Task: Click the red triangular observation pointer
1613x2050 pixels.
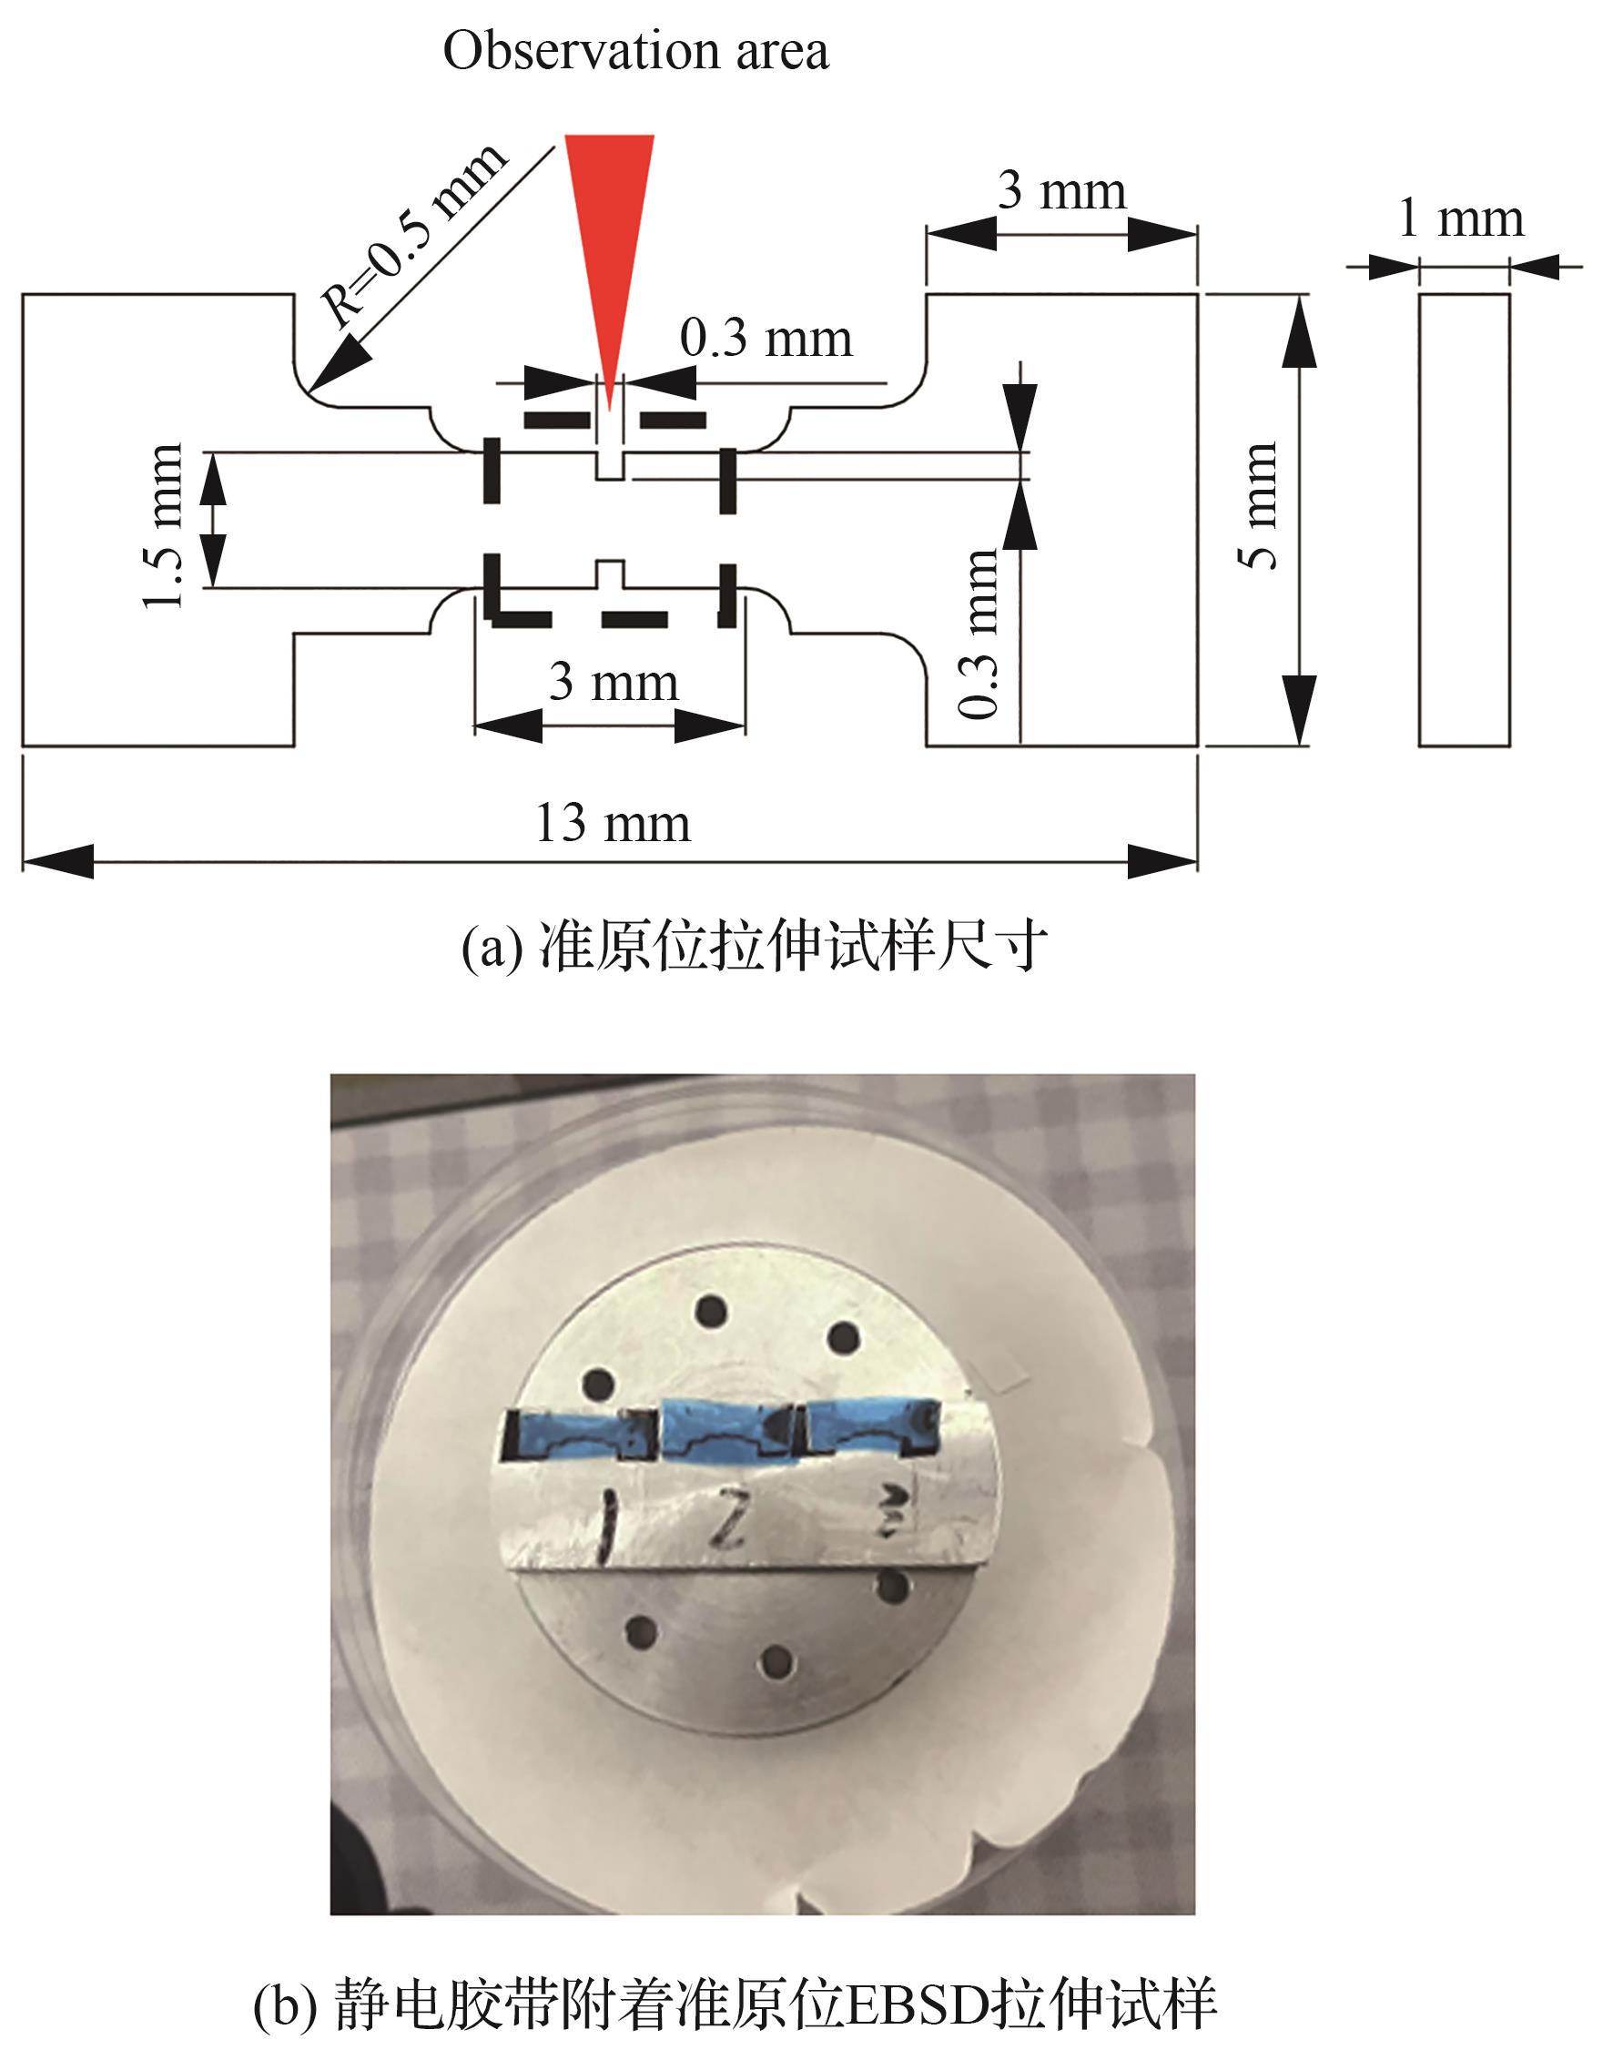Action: (x=609, y=236)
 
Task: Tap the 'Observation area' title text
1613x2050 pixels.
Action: (x=635, y=51)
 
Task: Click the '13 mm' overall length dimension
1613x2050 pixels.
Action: (x=613, y=824)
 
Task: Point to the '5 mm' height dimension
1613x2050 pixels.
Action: (x=1260, y=505)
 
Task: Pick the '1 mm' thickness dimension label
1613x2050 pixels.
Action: (x=1461, y=219)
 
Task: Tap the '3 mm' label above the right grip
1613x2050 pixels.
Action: (x=1062, y=191)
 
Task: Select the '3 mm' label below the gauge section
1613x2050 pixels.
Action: (x=614, y=682)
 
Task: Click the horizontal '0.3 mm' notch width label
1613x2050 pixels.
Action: (x=766, y=338)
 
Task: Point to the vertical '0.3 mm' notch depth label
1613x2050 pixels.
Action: (x=979, y=634)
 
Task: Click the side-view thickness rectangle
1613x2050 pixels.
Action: (x=1464, y=521)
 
